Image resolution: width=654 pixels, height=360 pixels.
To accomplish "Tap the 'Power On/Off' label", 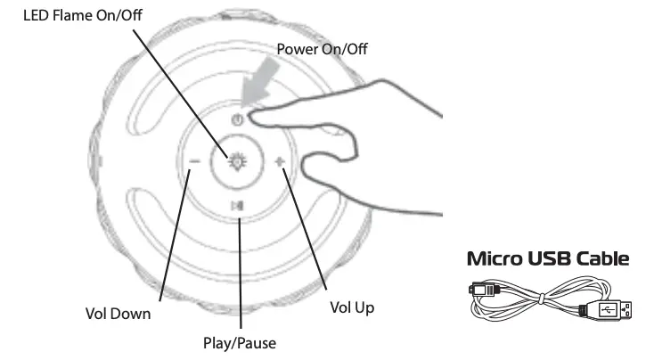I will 322,49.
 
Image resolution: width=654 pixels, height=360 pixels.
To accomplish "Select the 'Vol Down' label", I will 118,314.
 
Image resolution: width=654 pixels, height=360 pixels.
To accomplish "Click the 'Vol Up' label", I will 352,307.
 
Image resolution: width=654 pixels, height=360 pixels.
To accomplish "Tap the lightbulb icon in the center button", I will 236,161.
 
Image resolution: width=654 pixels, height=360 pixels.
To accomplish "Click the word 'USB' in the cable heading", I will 552,259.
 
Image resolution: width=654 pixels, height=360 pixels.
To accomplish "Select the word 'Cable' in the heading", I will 604,259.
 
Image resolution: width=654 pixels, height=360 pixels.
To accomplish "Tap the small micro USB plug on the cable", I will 481,290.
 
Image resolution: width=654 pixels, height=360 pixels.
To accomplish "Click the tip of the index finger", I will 255,113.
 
